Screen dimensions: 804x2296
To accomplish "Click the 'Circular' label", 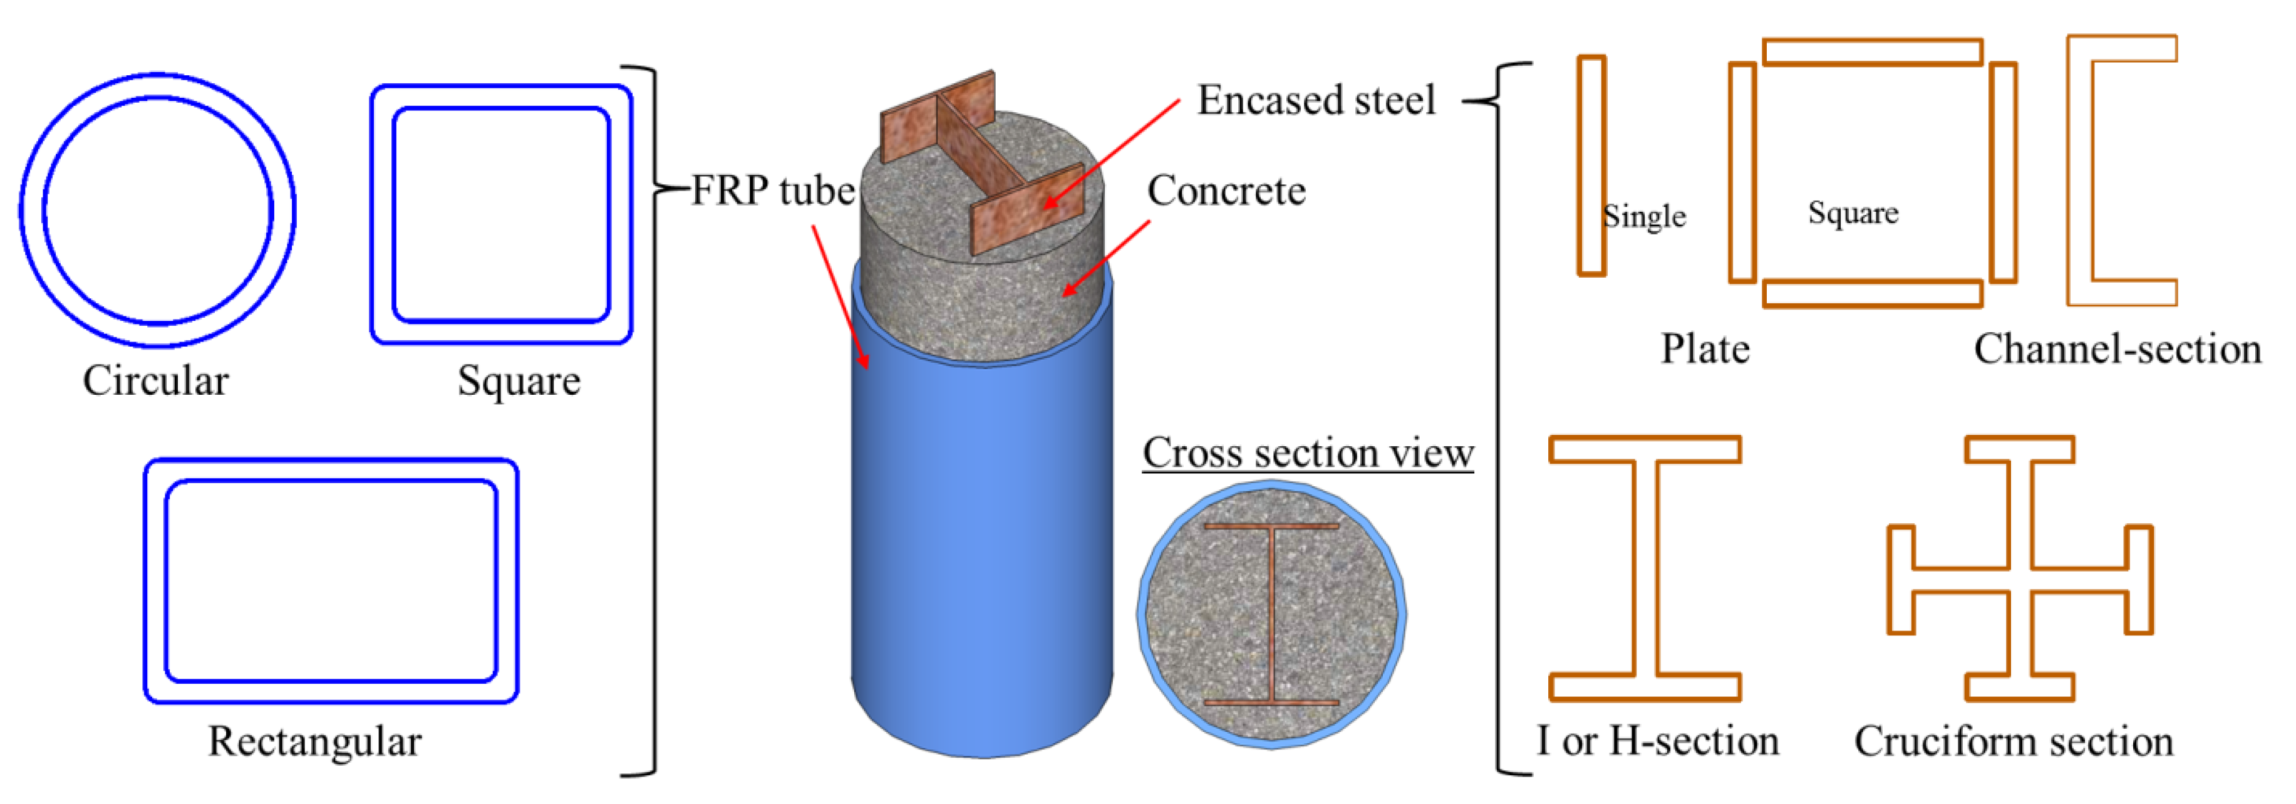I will pyautogui.click(x=156, y=380).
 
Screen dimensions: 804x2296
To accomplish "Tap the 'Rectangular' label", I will pyautogui.click(x=314, y=741).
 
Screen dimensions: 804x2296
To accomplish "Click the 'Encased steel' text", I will pyautogui.click(x=1316, y=100).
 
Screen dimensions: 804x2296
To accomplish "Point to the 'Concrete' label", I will pyautogui.click(x=1226, y=191).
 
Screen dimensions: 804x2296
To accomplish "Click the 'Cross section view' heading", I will pyautogui.click(x=1308, y=453).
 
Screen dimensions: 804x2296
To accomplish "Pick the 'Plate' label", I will pyautogui.click(x=1705, y=348).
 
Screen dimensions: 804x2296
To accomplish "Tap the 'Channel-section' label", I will pyautogui.click(x=2118, y=348).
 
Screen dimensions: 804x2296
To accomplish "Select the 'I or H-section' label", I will pyautogui.click(x=1658, y=741).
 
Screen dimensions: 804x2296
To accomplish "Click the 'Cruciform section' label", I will pyautogui.click(x=2014, y=741).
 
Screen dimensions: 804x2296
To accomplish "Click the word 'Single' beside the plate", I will pyautogui.click(x=1645, y=216).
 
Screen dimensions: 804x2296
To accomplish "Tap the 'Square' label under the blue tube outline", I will pyautogui.click(x=519, y=380).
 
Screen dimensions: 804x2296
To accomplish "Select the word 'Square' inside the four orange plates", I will pyautogui.click(x=1853, y=213).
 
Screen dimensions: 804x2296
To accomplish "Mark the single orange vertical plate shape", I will pyautogui.click(x=1591, y=166).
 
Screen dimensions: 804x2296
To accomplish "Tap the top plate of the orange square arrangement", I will pyautogui.click(x=1873, y=51).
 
